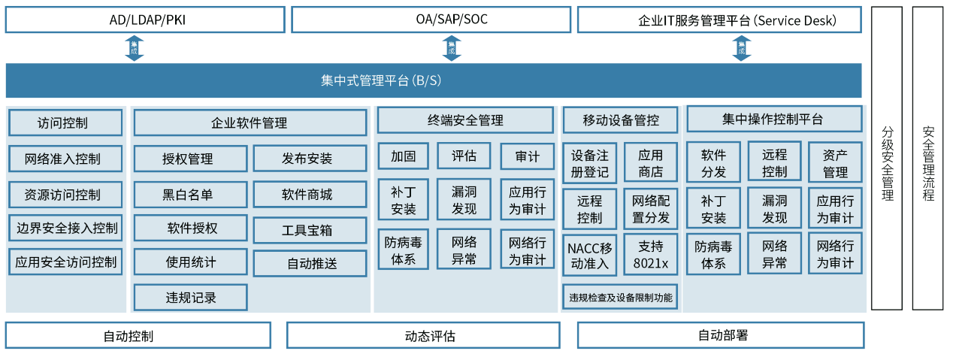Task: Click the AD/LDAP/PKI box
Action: [145, 20]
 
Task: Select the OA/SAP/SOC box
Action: [431, 20]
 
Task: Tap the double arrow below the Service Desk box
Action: [742, 48]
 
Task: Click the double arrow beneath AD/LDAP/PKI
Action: [134, 48]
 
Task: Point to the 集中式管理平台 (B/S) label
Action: [381, 80]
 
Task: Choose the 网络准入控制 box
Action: [65, 159]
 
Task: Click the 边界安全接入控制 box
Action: [65, 228]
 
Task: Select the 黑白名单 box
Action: [191, 195]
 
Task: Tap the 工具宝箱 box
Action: [310, 230]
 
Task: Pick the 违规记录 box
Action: [191, 298]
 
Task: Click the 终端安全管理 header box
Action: [465, 120]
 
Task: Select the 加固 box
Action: [404, 156]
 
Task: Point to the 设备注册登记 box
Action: [590, 163]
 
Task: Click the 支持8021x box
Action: [651, 255]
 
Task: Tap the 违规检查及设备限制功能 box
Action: [620, 297]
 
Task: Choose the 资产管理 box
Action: [835, 162]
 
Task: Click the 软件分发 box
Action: [713, 162]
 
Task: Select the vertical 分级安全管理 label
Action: [887, 164]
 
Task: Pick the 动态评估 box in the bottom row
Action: [423, 335]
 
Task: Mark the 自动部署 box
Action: [721, 335]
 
